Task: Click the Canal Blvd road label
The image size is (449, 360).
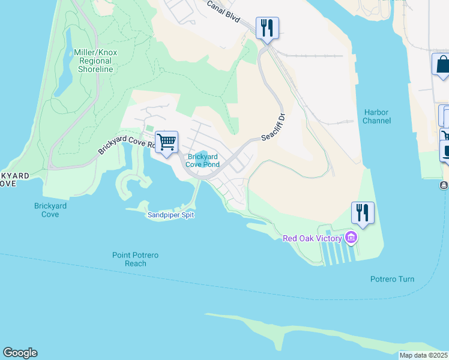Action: point(223,13)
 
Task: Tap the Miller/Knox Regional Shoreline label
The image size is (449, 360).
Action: point(95,61)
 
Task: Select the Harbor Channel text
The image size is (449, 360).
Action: point(376,116)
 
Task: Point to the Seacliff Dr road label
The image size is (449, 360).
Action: point(273,125)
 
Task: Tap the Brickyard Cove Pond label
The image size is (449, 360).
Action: point(202,160)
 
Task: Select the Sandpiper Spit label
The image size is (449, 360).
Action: point(171,215)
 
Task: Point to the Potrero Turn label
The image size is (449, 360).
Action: point(392,279)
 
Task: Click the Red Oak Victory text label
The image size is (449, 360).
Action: point(312,238)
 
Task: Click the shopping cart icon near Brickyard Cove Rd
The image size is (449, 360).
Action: point(166,142)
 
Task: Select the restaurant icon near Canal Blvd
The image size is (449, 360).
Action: point(267,28)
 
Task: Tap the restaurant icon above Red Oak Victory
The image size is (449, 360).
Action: point(363,212)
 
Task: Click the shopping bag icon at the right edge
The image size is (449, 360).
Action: point(442,64)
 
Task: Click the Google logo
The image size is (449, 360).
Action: point(20,353)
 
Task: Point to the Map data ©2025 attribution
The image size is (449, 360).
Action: point(424,355)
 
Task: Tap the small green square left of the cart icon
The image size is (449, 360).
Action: point(149,128)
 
